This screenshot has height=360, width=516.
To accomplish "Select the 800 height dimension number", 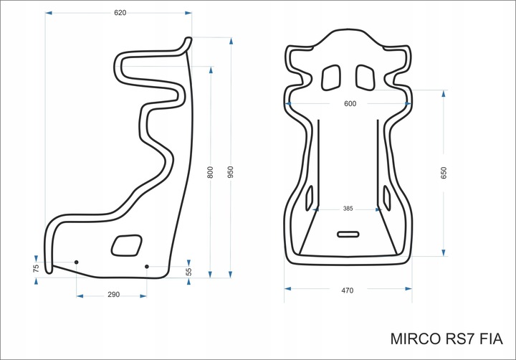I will coord(210,173).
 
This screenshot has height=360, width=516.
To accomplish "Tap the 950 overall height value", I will coord(231,173).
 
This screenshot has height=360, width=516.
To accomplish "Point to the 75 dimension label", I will coord(36,268).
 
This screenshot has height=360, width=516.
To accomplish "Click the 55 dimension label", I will coord(189,272).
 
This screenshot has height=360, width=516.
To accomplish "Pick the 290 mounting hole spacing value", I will coord(113,295).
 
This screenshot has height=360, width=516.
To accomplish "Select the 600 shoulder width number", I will coord(350,104).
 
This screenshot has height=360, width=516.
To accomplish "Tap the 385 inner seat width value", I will coord(348,209).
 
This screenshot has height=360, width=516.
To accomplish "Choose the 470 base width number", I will coord(348,290).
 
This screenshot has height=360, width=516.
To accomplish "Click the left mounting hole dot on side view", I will coord(77,262).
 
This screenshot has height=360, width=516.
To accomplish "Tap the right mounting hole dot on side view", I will coord(147,267).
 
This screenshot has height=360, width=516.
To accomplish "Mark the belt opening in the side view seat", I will coord(126,245).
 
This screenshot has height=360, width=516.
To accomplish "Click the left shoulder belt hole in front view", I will coord(332,76).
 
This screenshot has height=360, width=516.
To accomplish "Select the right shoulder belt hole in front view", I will coord(365,76).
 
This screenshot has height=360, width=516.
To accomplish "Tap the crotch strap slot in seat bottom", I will coord(348,234).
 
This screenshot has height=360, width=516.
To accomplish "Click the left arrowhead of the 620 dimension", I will coord(48,13).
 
